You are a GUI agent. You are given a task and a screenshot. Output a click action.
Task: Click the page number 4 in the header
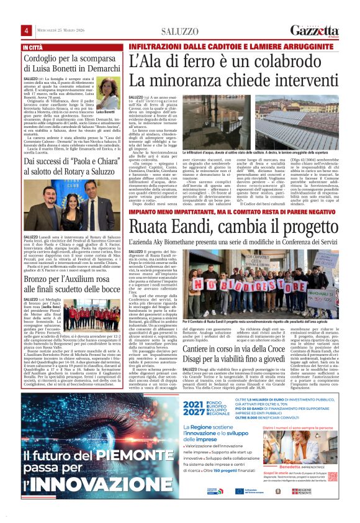coord(26,31)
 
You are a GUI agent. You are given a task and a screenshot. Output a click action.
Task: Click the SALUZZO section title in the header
coord(181,32)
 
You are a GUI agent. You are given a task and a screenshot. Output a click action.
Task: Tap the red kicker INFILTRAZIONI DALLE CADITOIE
coord(186,48)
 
